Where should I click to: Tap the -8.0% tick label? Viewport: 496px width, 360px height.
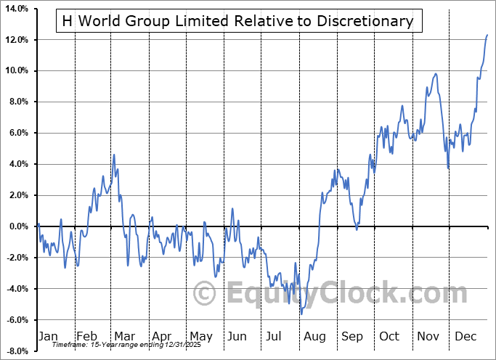click(x=17, y=351)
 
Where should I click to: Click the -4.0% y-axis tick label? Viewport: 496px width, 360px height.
click(x=17, y=289)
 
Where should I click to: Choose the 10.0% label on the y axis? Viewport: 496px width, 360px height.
click(x=17, y=70)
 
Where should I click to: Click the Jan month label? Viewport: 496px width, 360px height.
click(x=48, y=336)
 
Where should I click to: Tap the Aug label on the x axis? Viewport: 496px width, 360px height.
click(x=315, y=336)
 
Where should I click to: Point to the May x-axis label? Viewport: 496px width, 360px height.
click(x=201, y=336)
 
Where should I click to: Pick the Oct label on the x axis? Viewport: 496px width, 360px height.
click(x=390, y=336)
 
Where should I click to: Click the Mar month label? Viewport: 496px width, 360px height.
click(x=124, y=336)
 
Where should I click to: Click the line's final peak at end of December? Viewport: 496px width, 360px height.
click(x=487, y=35)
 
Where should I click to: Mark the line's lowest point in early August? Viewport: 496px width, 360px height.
click(x=301, y=314)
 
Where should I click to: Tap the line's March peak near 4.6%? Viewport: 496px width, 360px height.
click(x=114, y=155)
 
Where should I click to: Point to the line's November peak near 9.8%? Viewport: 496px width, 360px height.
click(x=436, y=73)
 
